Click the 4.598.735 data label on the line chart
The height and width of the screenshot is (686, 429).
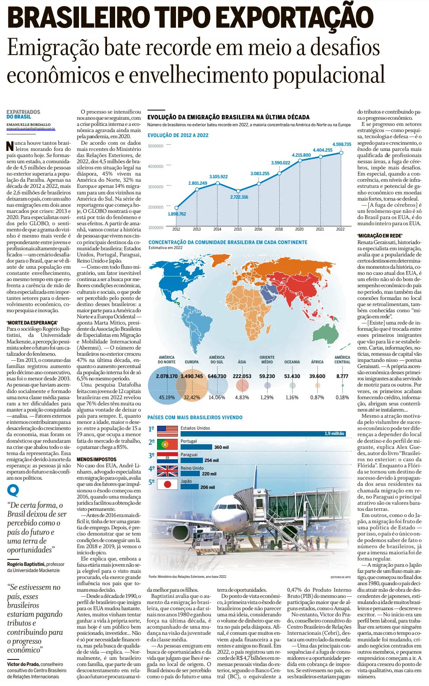(x=342, y=144)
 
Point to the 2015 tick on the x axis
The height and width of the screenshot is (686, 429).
(x=238, y=229)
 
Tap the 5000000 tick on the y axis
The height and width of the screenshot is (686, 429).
(x=156, y=146)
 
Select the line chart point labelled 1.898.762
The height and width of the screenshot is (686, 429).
(x=176, y=208)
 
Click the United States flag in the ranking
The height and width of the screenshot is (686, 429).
(x=167, y=431)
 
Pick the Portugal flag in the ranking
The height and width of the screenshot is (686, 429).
(x=167, y=444)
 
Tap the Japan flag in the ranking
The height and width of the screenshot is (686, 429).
(x=167, y=484)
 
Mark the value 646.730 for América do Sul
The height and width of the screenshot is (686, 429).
(x=217, y=376)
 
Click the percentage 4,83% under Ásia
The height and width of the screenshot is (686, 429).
(x=242, y=397)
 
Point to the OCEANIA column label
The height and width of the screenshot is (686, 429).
(x=292, y=362)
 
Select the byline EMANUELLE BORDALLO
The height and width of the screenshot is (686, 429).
(x=28, y=125)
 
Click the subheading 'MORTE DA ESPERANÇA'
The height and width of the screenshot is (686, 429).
(x=32, y=323)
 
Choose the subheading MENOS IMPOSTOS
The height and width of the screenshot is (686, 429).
(x=96, y=459)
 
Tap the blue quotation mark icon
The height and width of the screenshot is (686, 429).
(x=13, y=490)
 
